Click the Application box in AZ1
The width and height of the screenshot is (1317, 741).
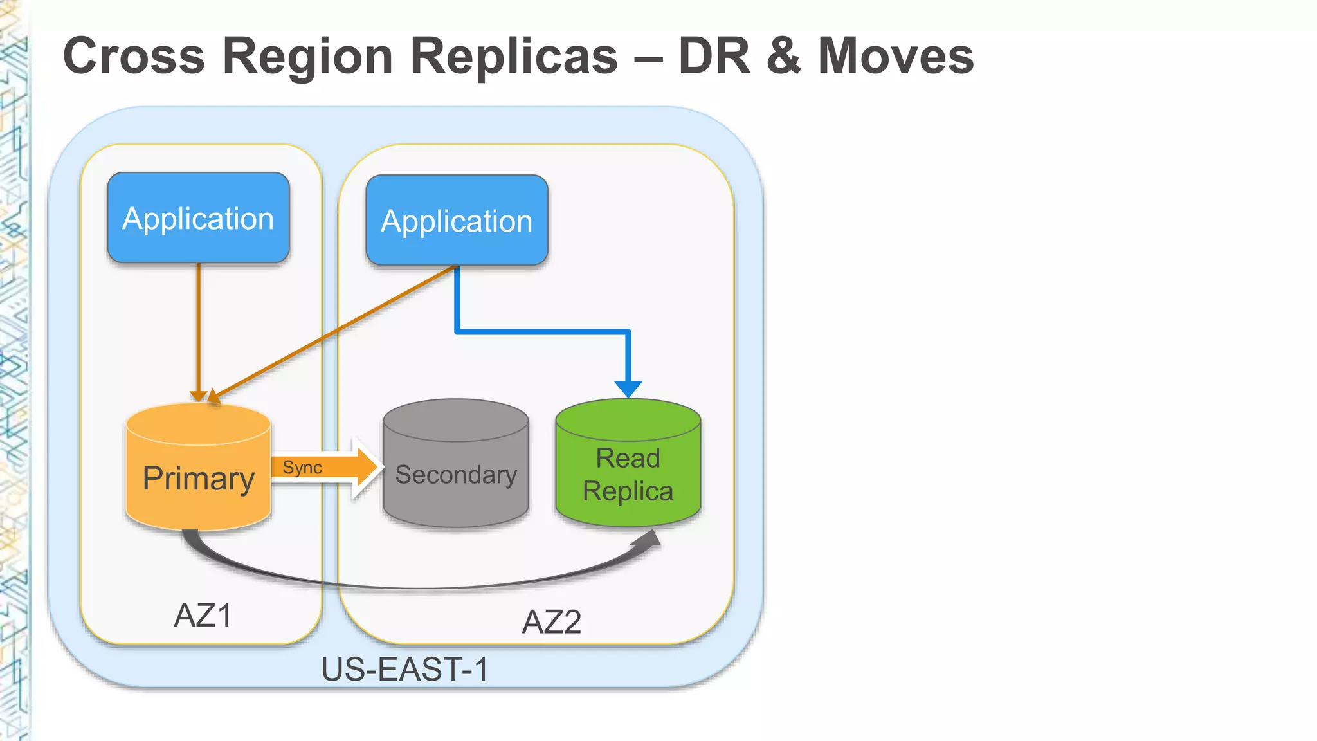coord(198,218)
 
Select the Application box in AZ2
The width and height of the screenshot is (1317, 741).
coord(457,221)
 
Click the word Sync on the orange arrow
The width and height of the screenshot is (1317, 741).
coord(302,468)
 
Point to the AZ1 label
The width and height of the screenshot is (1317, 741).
coord(203,616)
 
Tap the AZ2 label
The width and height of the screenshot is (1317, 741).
coord(551,622)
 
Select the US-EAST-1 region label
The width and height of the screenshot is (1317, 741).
coord(404,669)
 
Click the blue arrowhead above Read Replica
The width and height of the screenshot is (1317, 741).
coord(628,389)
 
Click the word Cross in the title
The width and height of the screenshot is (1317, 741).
coord(134,56)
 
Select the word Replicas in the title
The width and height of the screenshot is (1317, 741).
coord(514,56)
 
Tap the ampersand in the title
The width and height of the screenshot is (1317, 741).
coord(783,56)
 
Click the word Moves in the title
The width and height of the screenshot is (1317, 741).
coord(896,56)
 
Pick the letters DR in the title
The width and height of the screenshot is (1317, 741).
coord(714,56)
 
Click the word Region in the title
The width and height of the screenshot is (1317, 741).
coord(307,56)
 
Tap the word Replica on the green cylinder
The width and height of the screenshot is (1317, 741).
coord(628,491)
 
